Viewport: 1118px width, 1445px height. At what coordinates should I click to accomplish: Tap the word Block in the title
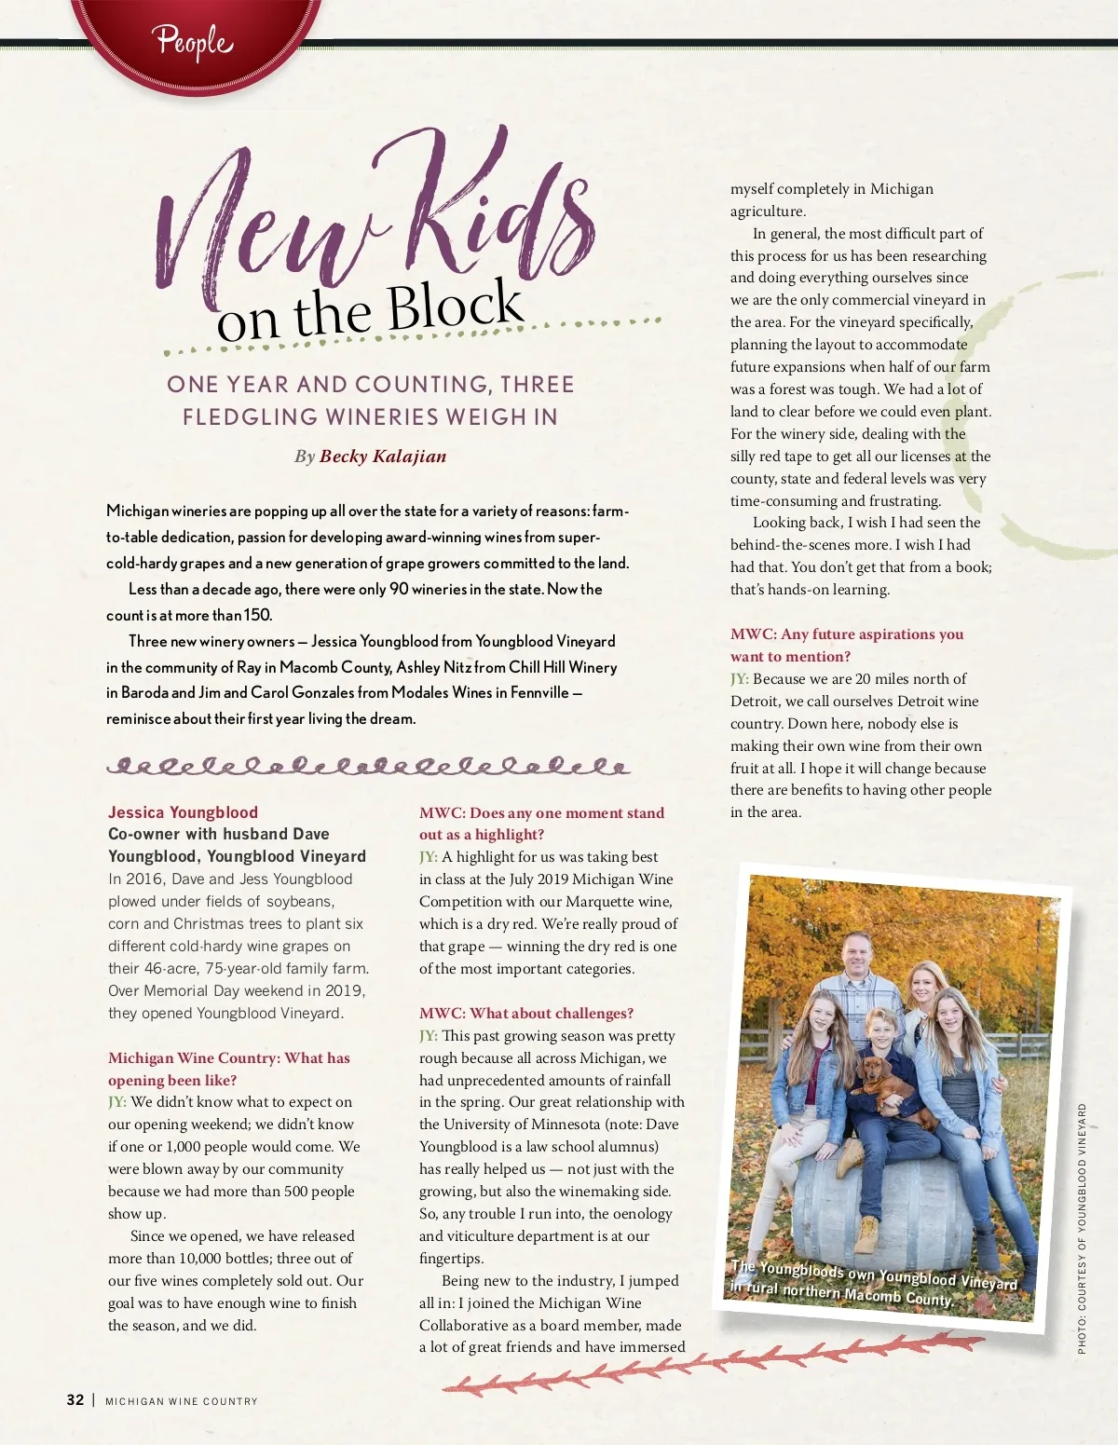point(456,306)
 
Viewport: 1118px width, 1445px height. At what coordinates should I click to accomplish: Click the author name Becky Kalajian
point(383,457)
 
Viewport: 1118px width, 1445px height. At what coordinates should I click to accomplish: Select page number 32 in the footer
point(75,1400)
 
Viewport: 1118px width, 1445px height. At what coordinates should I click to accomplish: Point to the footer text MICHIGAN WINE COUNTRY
point(182,1401)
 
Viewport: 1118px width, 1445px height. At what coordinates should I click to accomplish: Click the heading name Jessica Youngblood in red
point(183,812)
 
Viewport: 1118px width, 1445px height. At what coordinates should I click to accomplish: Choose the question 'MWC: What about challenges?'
point(526,1014)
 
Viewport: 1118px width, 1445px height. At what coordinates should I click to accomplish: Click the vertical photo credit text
point(1082,1228)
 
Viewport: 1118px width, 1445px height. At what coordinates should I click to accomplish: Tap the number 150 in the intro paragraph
point(257,616)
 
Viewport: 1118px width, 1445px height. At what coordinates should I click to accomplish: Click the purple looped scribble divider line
point(368,767)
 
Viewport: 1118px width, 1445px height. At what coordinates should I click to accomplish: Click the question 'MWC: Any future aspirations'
point(846,634)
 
